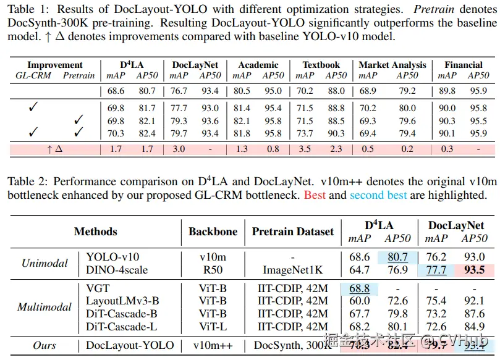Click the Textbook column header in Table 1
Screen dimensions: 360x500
(321, 65)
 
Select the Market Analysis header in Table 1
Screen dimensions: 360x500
(392, 65)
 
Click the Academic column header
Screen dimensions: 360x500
(258, 65)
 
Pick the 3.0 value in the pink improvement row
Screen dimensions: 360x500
(179, 148)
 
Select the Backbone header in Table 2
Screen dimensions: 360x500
(213, 232)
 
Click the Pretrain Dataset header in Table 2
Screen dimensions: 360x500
(292, 232)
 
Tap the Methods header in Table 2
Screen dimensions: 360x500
(95, 232)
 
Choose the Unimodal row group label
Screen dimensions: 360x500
(44, 263)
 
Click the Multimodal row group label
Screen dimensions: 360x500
(44, 307)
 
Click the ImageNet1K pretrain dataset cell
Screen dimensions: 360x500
(292, 269)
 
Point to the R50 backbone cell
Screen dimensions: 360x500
(213, 269)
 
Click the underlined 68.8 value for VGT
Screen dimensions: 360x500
(359, 288)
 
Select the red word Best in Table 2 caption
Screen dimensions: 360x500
(314, 195)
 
